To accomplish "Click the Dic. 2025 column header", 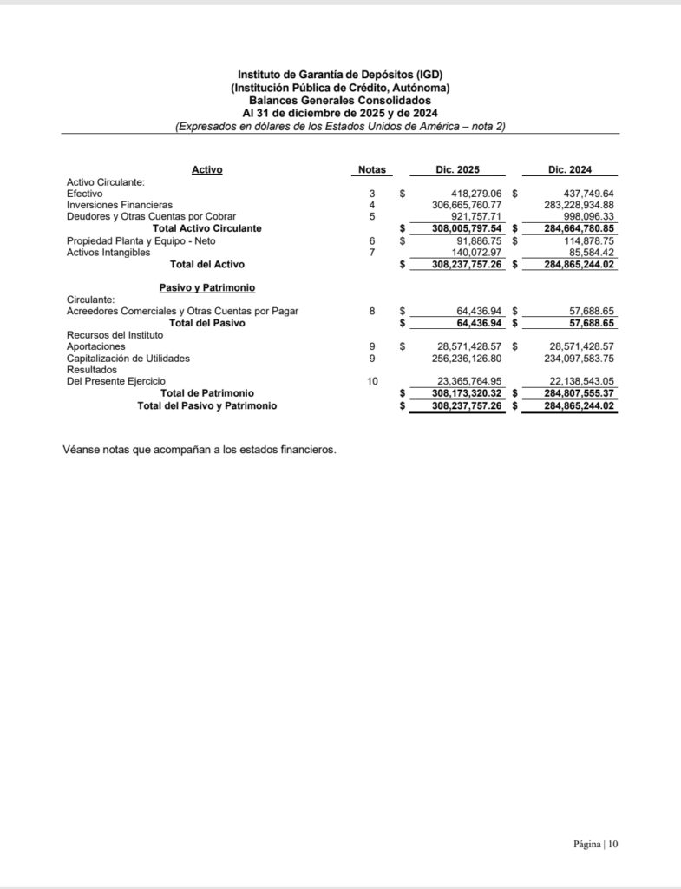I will coord(456,170).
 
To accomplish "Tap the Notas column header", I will coord(372,170).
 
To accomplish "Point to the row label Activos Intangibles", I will coord(108,252).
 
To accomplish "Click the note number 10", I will coord(372,381).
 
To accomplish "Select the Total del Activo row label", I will coord(207,264).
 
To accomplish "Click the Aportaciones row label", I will coord(95,346).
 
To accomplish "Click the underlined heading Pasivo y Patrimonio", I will coord(200,287).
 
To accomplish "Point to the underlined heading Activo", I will coord(206,170).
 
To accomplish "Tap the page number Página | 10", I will coord(596,843).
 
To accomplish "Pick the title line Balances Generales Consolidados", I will coord(340,101).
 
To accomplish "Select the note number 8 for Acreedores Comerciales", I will coord(372,310).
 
